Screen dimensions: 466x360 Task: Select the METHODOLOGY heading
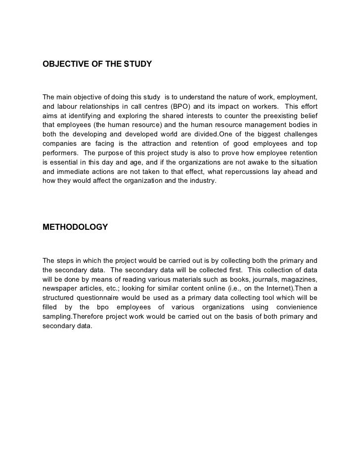[75, 227]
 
